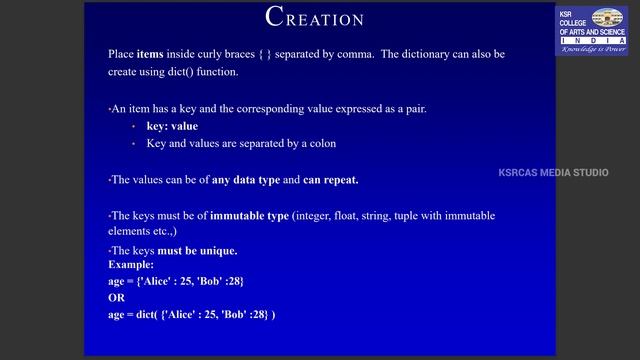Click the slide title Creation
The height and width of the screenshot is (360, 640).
pyautogui.click(x=315, y=17)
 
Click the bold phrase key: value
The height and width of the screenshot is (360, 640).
pyautogui.click(x=172, y=126)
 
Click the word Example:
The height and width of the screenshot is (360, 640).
pyautogui.click(x=131, y=264)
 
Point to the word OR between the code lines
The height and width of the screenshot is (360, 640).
pyautogui.click(x=116, y=298)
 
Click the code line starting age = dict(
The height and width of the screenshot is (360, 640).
pyautogui.click(x=191, y=315)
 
